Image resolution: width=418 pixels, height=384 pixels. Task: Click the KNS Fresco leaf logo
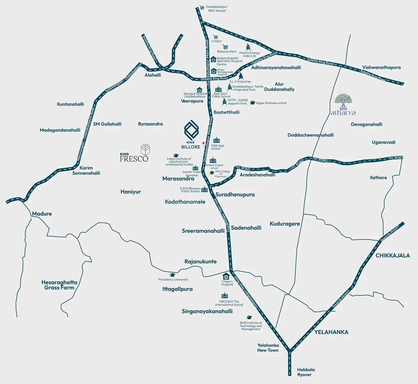pos(145,150)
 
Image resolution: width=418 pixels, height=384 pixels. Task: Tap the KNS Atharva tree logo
pos(343,100)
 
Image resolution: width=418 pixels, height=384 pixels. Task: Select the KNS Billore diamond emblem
pos(191,130)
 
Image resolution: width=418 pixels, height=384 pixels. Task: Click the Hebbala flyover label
pos(306,372)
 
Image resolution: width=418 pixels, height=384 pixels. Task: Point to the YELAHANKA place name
pos(331,332)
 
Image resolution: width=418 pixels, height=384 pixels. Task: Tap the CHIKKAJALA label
pos(393,256)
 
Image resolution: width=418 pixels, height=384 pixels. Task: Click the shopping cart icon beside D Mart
pos(216,37)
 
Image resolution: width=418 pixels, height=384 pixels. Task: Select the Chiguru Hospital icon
pos(226,276)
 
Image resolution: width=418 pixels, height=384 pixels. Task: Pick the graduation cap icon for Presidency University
pos(172,275)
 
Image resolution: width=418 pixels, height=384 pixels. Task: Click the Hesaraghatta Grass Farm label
pos(59,285)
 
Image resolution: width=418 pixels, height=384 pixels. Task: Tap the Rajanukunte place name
pos(200,262)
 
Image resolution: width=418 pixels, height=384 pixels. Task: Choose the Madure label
pos(42,214)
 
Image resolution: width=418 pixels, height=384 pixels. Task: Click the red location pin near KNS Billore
pos(203,143)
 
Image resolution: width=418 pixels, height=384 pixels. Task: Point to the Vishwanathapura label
pos(381,68)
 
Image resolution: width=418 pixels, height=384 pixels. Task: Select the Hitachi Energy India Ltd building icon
pos(248,47)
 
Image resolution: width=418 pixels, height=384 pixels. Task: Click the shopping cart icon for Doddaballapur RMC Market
pos(202,8)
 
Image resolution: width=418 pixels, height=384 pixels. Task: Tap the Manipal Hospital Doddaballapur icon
pos(199,90)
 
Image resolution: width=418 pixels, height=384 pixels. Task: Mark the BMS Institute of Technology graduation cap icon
pos(249,318)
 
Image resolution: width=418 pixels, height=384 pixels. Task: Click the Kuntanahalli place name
pos(70,104)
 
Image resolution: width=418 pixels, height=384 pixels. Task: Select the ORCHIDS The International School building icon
pos(225,296)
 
